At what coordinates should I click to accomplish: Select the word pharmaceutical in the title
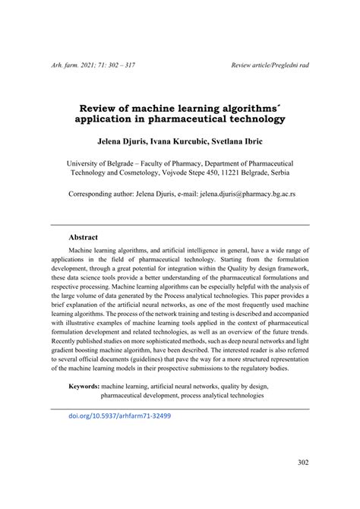pyautogui.click(x=197, y=119)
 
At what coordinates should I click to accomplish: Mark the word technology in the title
pyautogui.click(x=257, y=119)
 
